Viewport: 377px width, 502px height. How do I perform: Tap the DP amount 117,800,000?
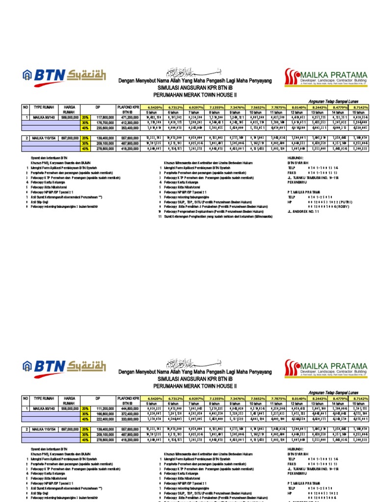coord(105,118)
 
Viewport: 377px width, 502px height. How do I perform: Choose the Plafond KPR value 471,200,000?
coord(128,118)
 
